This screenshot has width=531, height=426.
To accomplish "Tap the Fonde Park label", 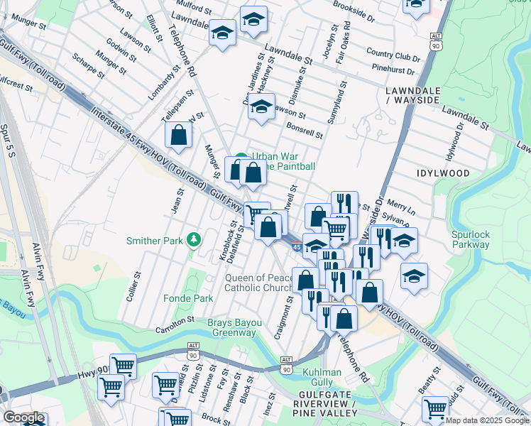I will click(x=188, y=299).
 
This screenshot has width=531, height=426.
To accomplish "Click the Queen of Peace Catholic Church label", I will click(x=258, y=283).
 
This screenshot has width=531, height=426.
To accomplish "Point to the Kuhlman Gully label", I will click(x=322, y=372).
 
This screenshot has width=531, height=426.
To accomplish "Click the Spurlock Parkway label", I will click(x=470, y=239).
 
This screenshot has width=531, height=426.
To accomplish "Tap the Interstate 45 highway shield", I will click(x=297, y=246).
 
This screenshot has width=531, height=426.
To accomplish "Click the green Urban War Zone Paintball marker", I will click(x=241, y=157).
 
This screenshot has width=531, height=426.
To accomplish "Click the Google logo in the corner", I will click(x=23, y=418).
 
